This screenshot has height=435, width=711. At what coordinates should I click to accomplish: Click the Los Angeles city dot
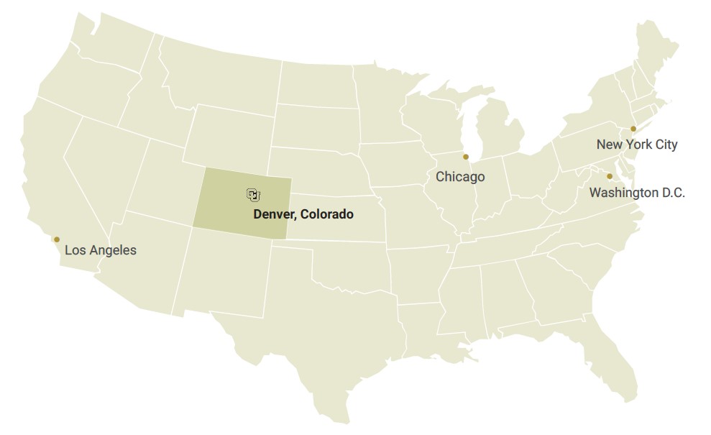pos(57,239)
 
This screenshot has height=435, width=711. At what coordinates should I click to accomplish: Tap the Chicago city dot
pos(466,157)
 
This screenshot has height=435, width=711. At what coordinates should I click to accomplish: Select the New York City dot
pos(633,129)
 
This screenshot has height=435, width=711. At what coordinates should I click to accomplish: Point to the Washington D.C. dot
pos(610,176)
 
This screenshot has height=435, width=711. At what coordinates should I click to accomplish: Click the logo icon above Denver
pos(253,195)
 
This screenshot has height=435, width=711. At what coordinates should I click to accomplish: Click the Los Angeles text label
pos(101,251)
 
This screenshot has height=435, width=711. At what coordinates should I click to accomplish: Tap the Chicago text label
pos(460,177)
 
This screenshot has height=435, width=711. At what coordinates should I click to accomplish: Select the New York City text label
pos(637,145)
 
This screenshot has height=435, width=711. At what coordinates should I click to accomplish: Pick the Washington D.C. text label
pos(637,193)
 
